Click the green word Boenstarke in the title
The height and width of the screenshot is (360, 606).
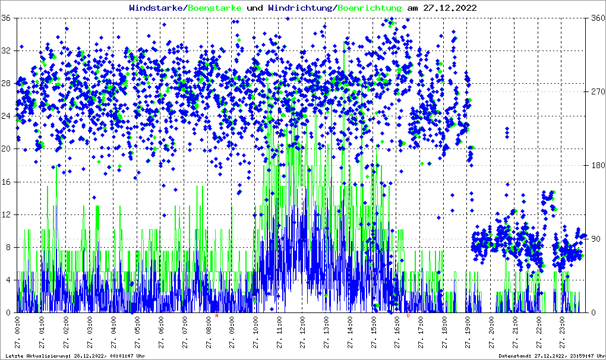click(214, 8)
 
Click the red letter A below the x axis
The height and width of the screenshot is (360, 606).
click(217, 315)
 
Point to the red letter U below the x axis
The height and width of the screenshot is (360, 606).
click(408, 315)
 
